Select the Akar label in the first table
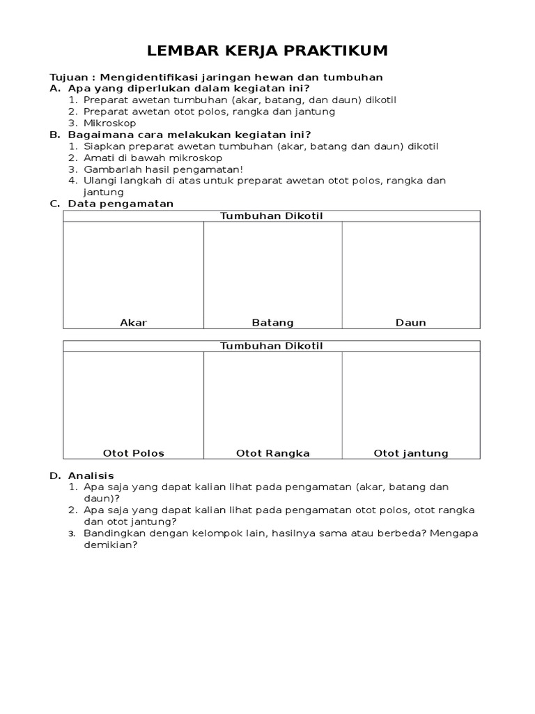tap(134, 323)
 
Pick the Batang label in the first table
tap(272, 323)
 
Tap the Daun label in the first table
tap(410, 323)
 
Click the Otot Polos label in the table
tap(134, 453)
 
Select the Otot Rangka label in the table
tap(272, 453)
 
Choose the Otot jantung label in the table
tap(411, 453)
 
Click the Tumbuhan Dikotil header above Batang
tap(272, 216)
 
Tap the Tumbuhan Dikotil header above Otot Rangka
tap(272, 346)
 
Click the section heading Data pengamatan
tap(121, 204)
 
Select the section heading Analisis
tap(91, 476)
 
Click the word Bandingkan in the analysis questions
tap(114, 533)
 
